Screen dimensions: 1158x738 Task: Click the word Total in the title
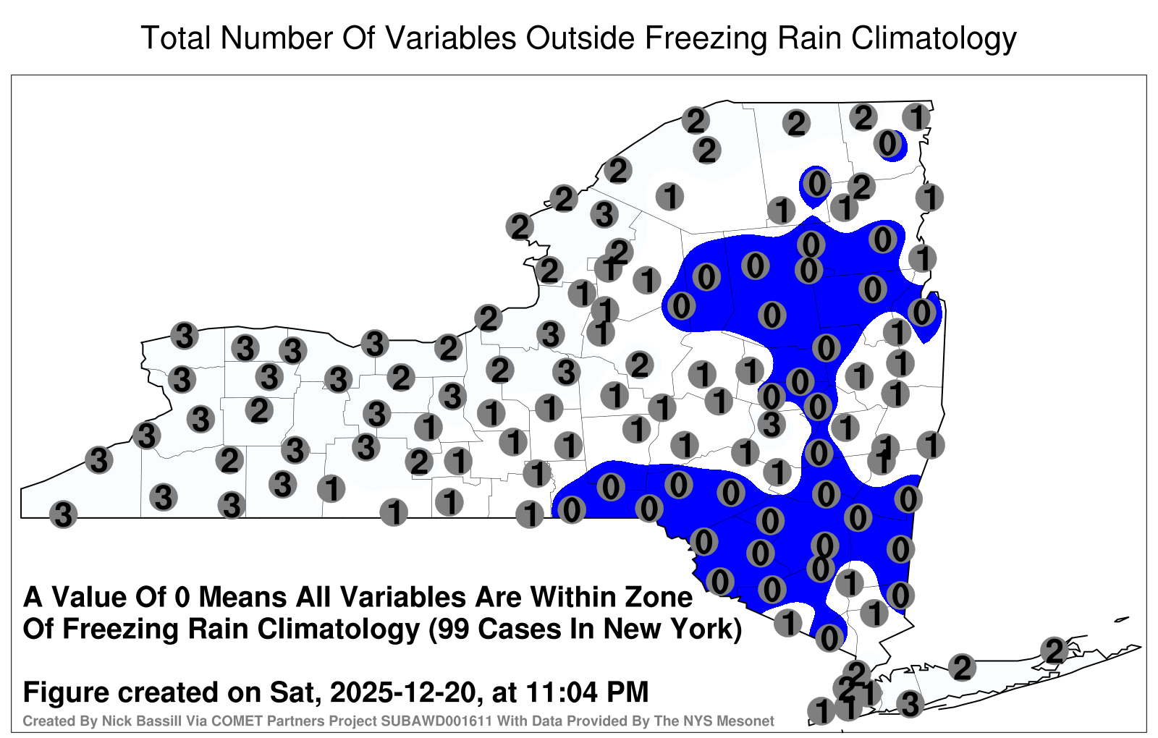coord(177,38)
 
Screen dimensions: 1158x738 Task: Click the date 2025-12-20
coord(402,692)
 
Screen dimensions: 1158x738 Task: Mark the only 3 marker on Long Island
coord(910,704)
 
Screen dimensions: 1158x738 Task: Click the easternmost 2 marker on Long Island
coord(1055,650)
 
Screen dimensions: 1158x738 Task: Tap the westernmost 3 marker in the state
coord(63,514)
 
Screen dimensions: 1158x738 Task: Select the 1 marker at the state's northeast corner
coord(916,117)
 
